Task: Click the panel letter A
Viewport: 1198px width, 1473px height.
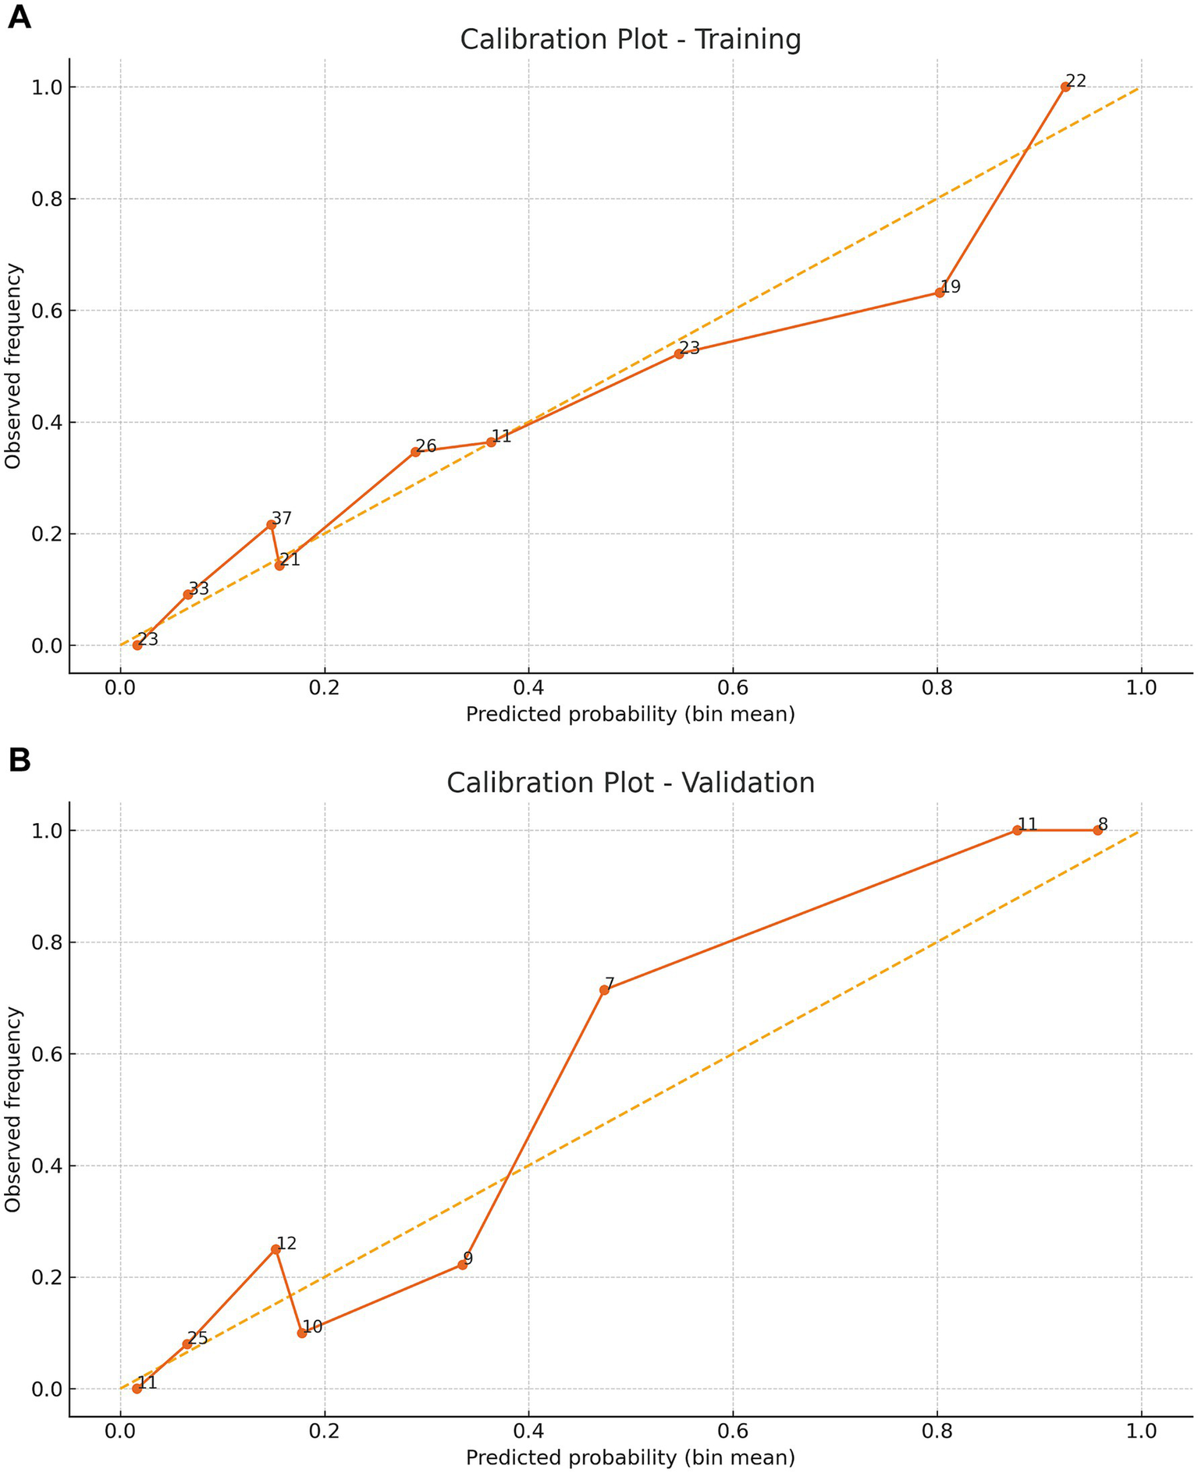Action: coord(19,17)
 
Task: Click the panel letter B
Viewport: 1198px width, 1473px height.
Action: coord(19,760)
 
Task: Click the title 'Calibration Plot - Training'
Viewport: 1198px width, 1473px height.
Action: coord(630,39)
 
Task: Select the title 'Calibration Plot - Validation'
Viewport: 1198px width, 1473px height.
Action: coord(630,783)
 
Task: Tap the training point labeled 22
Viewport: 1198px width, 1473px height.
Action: coord(1065,87)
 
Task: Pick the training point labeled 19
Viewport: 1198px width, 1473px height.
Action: coord(939,293)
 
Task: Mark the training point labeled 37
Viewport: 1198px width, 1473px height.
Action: coord(271,524)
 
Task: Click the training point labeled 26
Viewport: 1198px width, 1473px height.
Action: coord(415,452)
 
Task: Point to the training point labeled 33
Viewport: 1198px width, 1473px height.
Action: coord(188,595)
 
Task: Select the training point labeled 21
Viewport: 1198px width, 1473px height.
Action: coord(279,566)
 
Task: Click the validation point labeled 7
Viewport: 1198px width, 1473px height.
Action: coord(604,990)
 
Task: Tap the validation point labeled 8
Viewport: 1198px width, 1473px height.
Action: coord(1097,830)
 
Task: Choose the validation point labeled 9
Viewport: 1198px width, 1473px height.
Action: coord(462,1265)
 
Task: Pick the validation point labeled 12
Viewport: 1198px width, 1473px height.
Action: coord(276,1249)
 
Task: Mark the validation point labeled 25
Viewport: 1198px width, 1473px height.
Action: coord(187,1344)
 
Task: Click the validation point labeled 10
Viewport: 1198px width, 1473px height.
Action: coord(302,1333)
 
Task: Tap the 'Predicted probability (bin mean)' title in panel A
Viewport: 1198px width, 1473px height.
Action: coord(630,713)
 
